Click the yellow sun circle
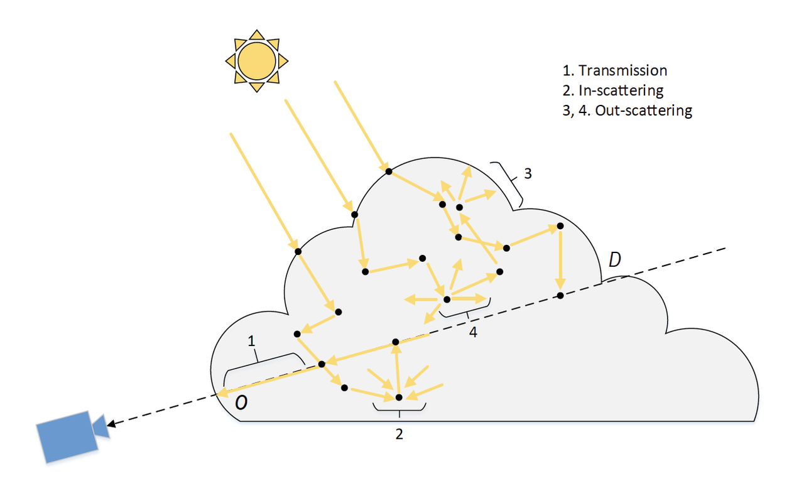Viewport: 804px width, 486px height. coord(256,60)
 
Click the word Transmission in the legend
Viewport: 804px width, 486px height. coord(622,70)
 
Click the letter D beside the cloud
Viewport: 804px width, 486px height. coord(616,259)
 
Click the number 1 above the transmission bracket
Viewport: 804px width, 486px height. coord(252,341)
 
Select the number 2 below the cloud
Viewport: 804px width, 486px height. coord(399,433)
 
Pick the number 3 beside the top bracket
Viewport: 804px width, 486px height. coord(528,173)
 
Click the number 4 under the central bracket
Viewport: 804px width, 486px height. coord(474,333)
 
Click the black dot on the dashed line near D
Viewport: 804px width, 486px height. coord(560,295)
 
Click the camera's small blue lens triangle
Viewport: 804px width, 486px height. coord(100,427)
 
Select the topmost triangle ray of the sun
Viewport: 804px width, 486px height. coord(256,34)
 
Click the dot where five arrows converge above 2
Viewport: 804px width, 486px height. coord(398,397)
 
